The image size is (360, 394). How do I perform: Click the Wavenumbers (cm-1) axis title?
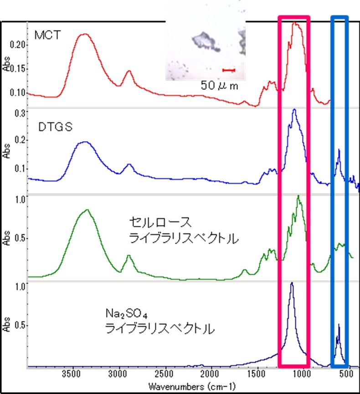pos(191,387)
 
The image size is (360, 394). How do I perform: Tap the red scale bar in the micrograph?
pos(228,70)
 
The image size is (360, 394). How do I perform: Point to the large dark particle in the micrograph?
pos(205,41)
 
